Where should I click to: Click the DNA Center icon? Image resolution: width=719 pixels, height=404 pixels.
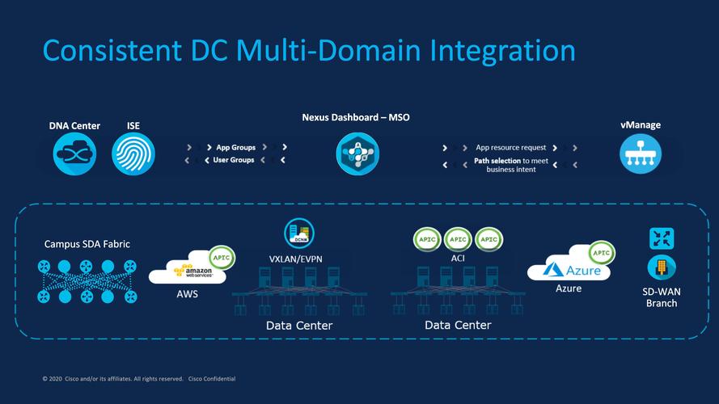click(x=74, y=154)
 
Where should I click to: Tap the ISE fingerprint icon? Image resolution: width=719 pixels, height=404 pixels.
click(x=133, y=154)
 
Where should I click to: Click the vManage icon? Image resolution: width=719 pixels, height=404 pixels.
click(x=640, y=154)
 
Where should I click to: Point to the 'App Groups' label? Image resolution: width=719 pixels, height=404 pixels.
click(x=235, y=148)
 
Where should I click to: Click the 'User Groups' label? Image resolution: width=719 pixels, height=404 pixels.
click(x=234, y=160)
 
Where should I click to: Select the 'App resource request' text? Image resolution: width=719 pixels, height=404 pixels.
click(x=510, y=148)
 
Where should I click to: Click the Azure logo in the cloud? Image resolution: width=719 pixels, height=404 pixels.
click(x=573, y=269)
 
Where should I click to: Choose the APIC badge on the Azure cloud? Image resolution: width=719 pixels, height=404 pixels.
click(x=602, y=253)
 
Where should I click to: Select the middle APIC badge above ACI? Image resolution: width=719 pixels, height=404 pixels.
click(x=458, y=239)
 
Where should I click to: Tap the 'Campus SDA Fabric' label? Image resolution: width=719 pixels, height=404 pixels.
click(x=87, y=244)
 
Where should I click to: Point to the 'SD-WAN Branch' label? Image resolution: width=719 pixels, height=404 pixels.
click(x=661, y=297)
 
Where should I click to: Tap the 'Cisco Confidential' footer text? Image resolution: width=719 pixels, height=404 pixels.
click(x=211, y=379)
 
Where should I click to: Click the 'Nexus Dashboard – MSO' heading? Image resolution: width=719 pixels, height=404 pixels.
click(x=356, y=118)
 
